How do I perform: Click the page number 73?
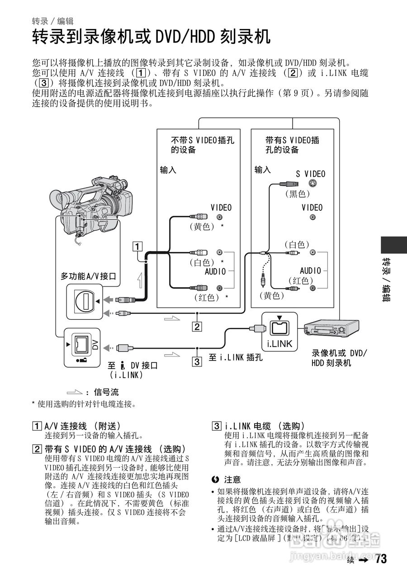(381, 559)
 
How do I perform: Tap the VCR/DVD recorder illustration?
(331, 328)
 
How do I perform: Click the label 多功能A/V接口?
(89, 276)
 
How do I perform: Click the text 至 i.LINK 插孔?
(235, 357)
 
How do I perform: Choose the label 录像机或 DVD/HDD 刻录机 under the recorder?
(340, 358)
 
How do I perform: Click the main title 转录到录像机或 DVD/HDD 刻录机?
(151, 37)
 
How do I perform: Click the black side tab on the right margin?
(393, 245)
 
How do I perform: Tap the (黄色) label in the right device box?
(272, 296)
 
